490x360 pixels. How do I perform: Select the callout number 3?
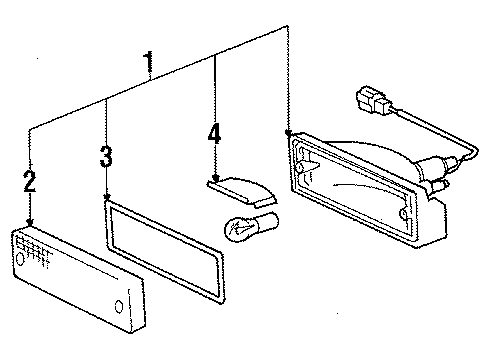106,157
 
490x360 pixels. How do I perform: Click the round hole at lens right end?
119,306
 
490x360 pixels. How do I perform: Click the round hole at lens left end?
18,260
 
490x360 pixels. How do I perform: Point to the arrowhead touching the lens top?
30,222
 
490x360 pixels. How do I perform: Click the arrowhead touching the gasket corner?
106,199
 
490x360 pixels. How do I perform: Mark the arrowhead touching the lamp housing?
288,132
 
